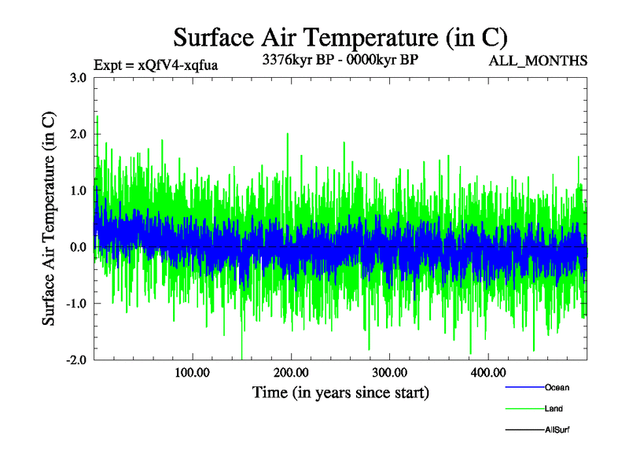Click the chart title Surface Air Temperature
pos(340,37)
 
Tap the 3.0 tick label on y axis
pos(79,78)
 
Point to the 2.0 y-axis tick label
pos(79,135)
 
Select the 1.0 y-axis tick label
pos(79,191)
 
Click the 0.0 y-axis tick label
pos(79,248)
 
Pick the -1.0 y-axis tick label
pos(76,304)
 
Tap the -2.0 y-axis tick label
pos(76,360)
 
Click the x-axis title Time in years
pos(340,392)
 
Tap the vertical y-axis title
pos(49,219)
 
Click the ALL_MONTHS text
pos(539,61)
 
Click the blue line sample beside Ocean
pos(523,388)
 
